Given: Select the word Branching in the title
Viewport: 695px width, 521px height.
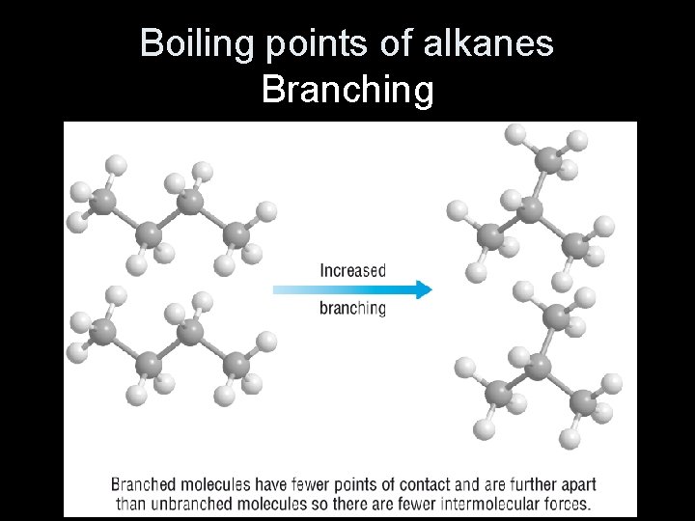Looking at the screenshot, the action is click(347, 90).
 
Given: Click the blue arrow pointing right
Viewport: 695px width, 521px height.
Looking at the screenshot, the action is click(352, 289).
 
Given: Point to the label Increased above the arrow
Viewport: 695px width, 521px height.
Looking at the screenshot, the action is click(352, 271).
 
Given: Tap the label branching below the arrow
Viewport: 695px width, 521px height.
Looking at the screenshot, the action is click(352, 309).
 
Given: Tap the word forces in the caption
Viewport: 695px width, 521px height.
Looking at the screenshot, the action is click(566, 504).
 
